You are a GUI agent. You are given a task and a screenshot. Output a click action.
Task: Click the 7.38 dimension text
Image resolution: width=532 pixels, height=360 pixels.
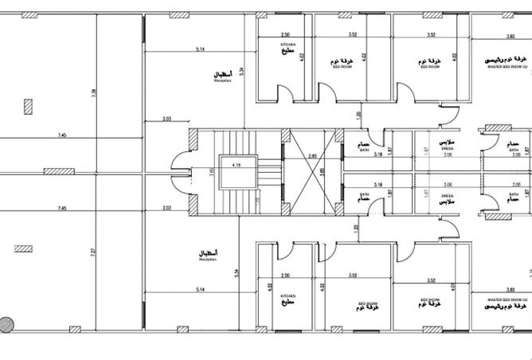(93, 93)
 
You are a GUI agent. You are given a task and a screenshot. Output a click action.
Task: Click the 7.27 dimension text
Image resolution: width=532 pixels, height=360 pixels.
(93, 253)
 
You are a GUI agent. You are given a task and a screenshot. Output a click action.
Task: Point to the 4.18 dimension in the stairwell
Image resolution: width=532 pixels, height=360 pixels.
(237, 164)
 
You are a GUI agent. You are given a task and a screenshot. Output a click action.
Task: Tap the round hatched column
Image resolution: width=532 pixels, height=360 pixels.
(6, 324)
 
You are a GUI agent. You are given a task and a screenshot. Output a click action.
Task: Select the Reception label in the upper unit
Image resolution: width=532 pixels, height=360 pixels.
(222, 76)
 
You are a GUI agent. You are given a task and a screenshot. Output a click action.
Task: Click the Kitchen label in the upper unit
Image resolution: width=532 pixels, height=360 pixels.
(288, 47)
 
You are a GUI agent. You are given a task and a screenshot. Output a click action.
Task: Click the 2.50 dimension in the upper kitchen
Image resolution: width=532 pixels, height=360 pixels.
(285, 35)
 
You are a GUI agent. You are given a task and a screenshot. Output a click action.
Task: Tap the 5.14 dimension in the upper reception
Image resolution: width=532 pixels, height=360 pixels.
(201, 49)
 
